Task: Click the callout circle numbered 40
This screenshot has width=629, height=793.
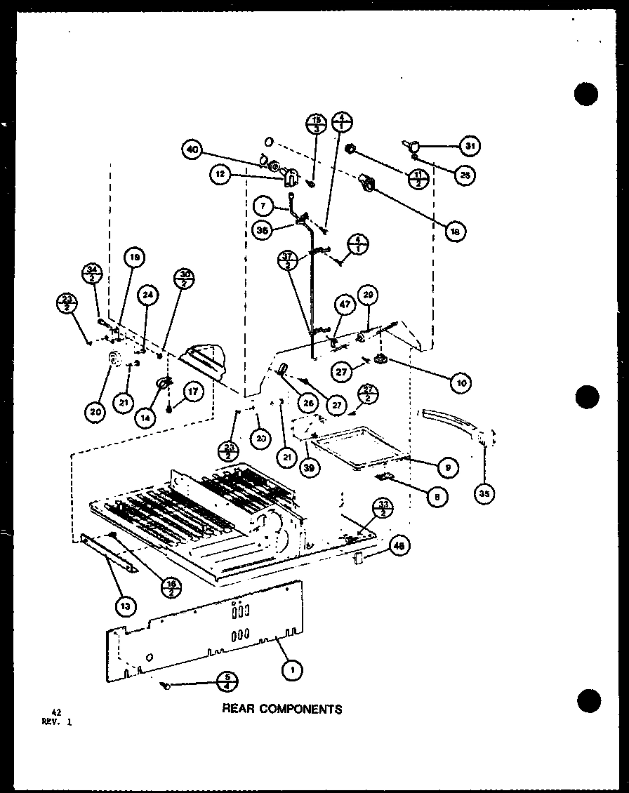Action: coord(192,149)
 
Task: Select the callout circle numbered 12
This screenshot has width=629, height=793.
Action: coord(220,175)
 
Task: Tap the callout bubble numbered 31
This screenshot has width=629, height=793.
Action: coord(469,146)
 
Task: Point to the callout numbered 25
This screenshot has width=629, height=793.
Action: coord(463,175)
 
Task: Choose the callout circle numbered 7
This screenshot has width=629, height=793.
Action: coord(263,206)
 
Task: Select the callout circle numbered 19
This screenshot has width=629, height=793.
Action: coord(135,258)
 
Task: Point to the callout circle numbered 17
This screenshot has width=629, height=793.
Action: coord(194,391)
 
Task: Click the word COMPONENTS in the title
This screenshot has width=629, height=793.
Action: coord(301,709)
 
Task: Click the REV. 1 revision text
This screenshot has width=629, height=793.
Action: coord(55,721)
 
